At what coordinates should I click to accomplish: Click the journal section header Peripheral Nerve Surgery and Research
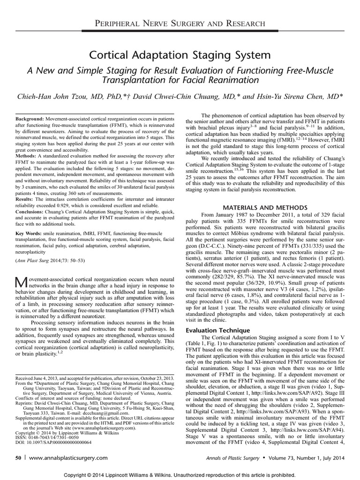pyautogui.click(x=180, y=23)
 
